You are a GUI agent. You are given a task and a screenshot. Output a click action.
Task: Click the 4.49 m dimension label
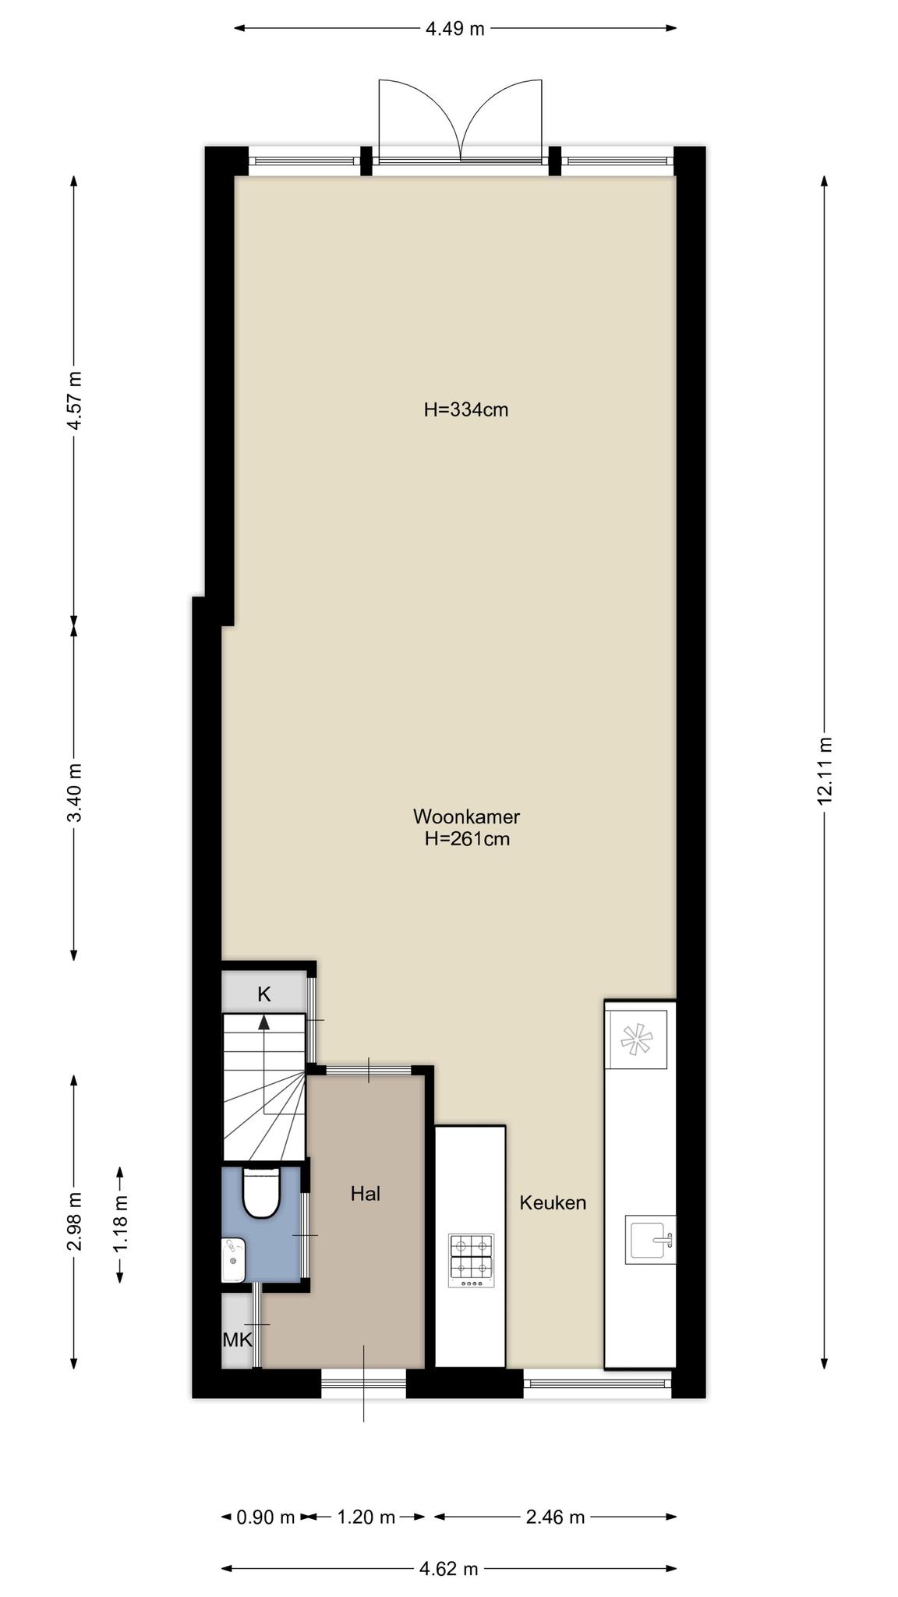pos(454,29)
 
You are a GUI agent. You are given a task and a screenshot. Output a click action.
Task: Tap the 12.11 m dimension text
pos(825,770)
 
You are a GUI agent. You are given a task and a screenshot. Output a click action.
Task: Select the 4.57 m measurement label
pos(74,400)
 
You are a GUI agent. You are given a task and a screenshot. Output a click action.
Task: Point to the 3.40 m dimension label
pos(74,791)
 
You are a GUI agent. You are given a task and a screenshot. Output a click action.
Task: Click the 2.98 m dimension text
pos(74,1221)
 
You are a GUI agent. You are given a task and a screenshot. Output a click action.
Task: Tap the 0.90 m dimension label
pos(266,1517)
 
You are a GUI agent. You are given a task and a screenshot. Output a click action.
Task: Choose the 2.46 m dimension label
pos(555,1517)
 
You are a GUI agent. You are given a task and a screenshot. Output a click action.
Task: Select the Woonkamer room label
pos(466,816)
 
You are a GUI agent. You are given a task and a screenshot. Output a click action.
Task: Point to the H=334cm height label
pos(466,409)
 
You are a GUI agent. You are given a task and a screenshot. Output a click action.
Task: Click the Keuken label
pos(553,1202)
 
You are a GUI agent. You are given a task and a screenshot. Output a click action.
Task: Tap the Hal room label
pos(366,1193)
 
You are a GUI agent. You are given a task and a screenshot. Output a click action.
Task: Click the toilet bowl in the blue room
pos(261,1192)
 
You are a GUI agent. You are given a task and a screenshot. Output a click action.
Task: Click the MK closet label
pos(238,1340)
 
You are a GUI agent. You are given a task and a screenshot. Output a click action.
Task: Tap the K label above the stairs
pos(264,994)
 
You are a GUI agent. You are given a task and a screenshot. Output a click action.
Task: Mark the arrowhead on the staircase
pos(264,1022)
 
